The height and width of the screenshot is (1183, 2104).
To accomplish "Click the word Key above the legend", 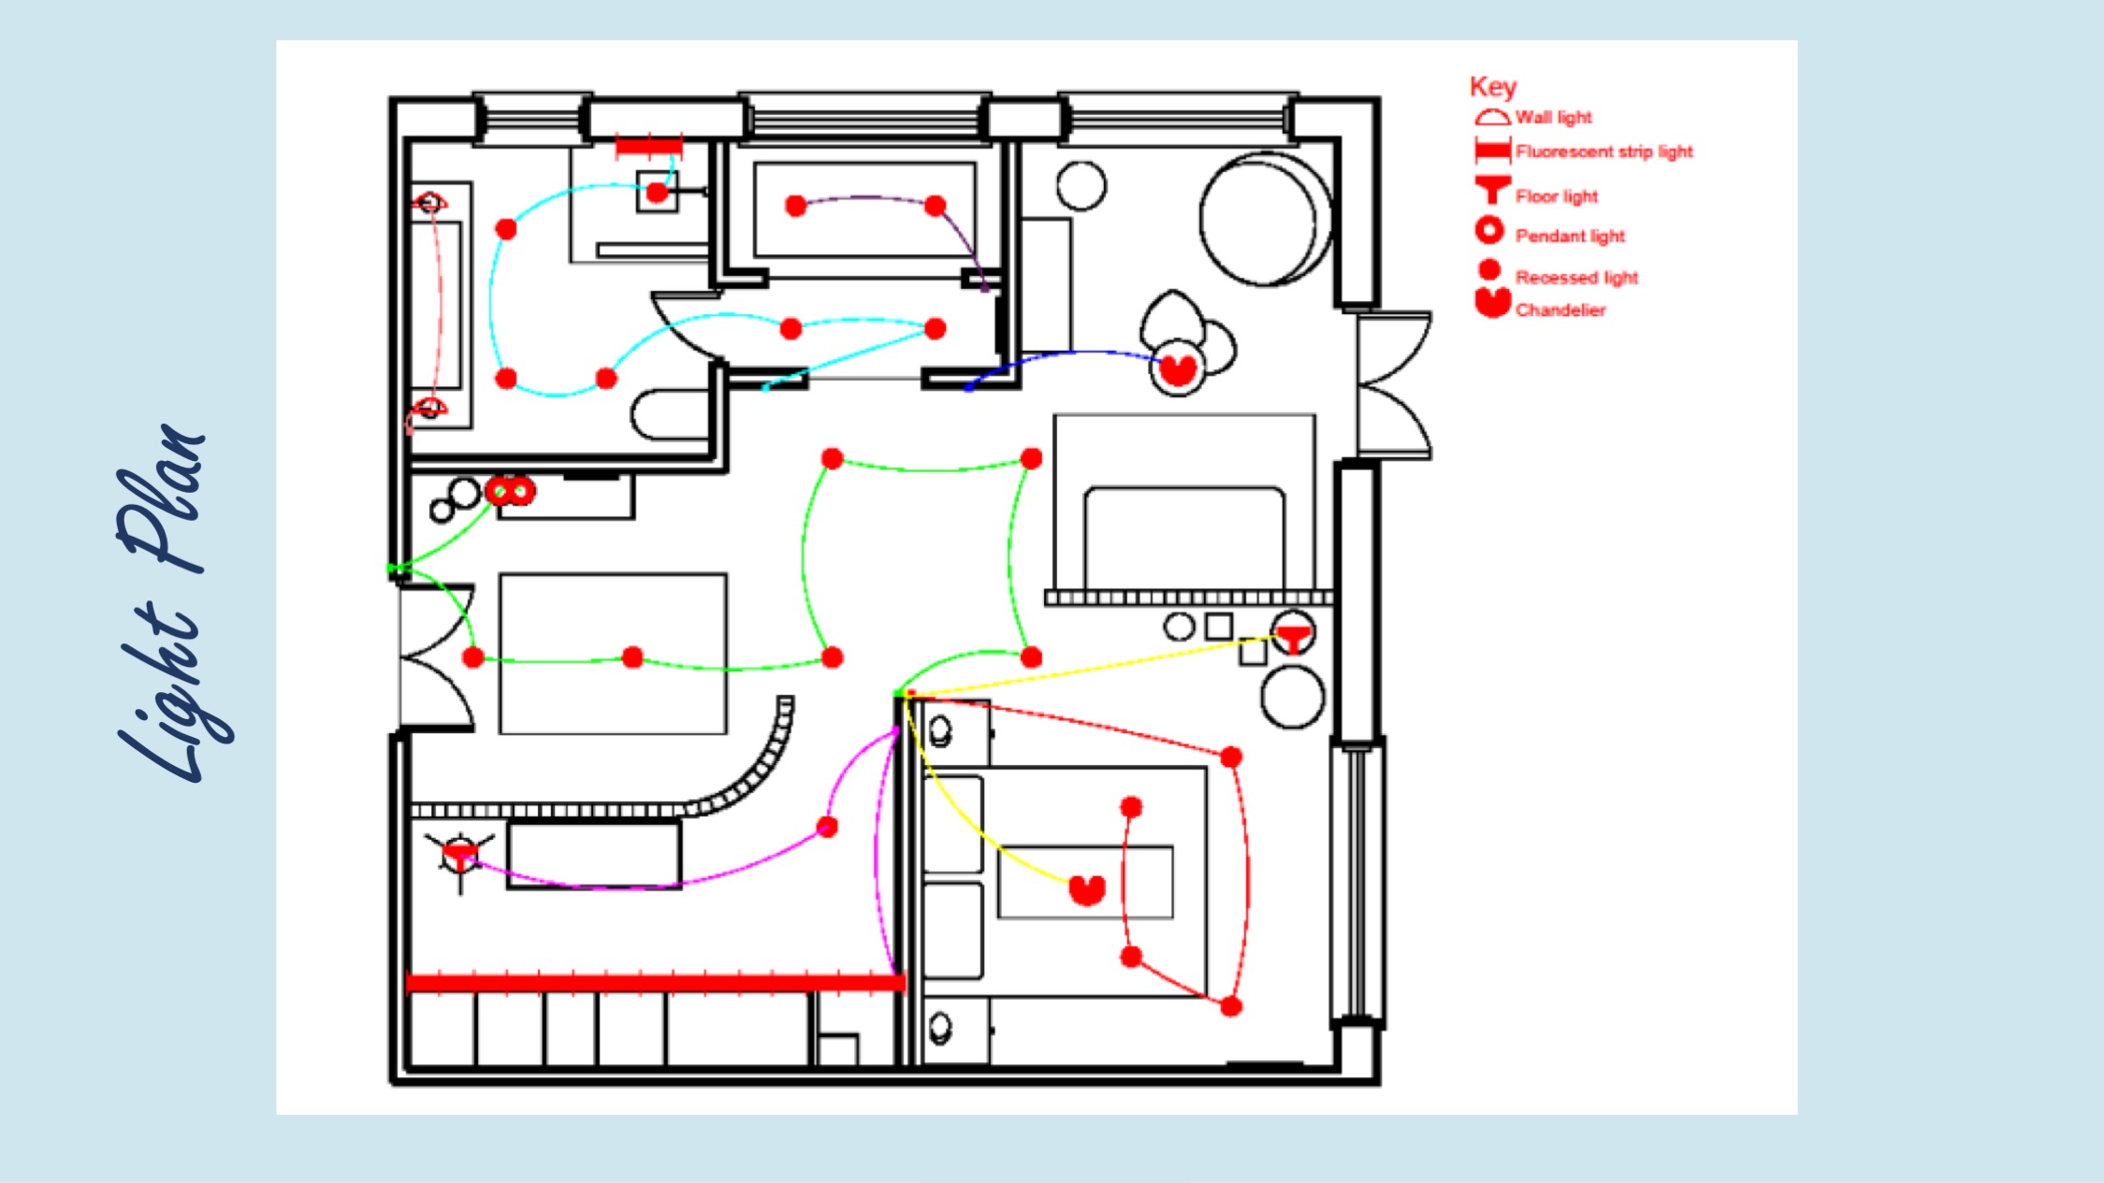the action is (x=1492, y=87).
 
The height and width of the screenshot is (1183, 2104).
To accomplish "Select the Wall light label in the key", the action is (x=1553, y=117).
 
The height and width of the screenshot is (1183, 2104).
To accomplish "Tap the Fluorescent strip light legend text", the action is (x=1604, y=151).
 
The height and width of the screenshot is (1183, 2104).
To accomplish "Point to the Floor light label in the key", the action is (x=1557, y=196).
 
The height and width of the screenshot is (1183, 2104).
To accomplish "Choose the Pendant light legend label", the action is (x=1570, y=236).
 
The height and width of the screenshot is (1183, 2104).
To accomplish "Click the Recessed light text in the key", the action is (x=1576, y=278).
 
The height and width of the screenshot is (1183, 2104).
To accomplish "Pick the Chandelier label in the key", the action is (x=1560, y=310).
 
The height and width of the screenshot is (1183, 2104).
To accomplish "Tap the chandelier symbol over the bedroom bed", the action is (x=1087, y=888).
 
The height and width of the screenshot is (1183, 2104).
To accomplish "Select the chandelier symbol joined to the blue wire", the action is (x=1177, y=368).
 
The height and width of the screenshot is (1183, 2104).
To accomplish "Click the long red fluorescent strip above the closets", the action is (x=656, y=982).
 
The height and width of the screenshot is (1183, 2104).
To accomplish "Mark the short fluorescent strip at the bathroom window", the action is (x=648, y=147).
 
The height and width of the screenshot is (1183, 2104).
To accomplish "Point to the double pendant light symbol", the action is (x=510, y=490).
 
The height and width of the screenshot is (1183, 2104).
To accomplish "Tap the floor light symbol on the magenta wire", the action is (x=459, y=856).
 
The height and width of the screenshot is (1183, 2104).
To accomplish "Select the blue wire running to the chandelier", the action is (x=1061, y=356).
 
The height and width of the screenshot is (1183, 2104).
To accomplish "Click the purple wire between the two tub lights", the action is (x=865, y=198).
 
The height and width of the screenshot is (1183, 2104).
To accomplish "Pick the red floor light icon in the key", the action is (x=1492, y=190).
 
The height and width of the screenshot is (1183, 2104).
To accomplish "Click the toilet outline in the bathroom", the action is (x=668, y=414).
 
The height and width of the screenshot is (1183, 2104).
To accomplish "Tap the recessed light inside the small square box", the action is (x=657, y=193).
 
